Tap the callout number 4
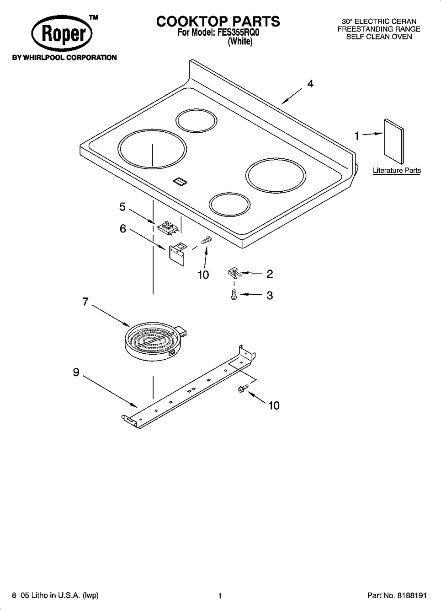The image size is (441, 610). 310,84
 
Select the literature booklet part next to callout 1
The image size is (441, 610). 393,142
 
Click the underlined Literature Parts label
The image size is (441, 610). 397,171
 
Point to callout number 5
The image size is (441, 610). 122,207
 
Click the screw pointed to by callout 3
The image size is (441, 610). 234,295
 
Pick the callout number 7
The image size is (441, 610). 85,302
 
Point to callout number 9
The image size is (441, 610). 76,372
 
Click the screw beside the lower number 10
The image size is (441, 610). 243,388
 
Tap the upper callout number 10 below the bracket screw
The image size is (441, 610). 203,275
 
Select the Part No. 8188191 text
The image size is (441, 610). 397,595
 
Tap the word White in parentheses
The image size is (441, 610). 240,41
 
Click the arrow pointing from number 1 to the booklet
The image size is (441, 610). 373,134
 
